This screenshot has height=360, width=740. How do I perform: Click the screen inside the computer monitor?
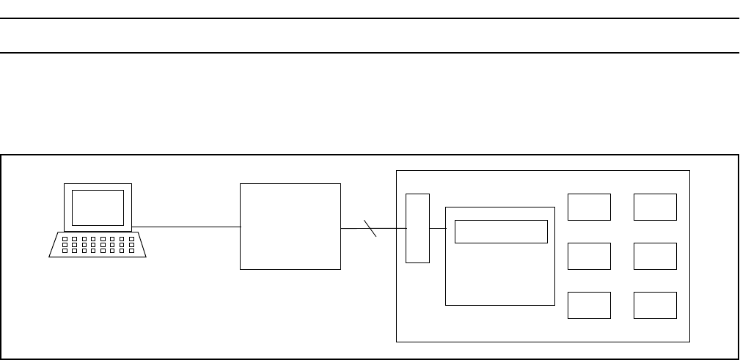(98, 207)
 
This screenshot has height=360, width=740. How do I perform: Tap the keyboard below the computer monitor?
(98, 245)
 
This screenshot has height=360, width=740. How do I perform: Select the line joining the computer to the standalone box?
(186, 227)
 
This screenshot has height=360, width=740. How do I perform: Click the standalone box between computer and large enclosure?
(290, 227)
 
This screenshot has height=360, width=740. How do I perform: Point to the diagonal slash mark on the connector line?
(370, 228)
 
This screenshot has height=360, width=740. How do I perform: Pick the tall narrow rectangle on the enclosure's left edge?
(417, 228)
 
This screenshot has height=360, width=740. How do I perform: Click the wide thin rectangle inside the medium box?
(501, 232)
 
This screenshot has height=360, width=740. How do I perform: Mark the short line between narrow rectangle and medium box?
(438, 228)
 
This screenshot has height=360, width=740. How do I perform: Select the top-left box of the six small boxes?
(589, 207)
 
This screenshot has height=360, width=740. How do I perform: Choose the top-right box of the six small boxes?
(655, 207)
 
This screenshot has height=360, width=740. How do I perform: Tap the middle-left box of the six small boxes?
(589, 256)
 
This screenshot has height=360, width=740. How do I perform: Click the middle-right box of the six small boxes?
(655, 256)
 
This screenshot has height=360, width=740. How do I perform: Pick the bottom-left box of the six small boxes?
(589, 305)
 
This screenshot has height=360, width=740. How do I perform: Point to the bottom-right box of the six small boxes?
(655, 305)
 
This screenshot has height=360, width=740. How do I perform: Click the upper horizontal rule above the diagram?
(370, 19)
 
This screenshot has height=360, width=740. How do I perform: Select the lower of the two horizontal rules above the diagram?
(370, 53)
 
